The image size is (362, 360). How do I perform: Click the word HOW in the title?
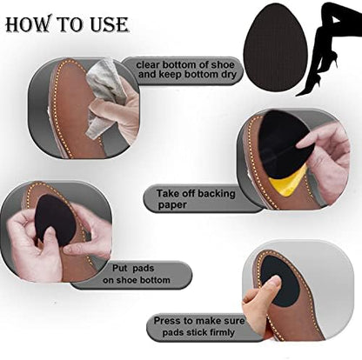28,24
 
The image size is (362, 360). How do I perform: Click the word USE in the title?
109,24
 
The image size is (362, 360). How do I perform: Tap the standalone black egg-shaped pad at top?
275,48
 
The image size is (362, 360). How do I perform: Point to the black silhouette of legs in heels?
328,50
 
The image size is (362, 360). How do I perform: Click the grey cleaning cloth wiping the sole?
105,96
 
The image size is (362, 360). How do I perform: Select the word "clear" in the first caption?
148,64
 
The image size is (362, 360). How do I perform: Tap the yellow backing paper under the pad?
287,182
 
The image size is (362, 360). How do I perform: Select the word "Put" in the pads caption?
119,268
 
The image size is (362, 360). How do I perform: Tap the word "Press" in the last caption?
167,321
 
